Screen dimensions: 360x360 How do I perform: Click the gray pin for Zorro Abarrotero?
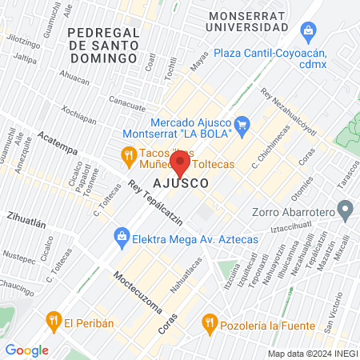(346, 212)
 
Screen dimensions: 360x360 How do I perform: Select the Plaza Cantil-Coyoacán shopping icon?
(308, 31)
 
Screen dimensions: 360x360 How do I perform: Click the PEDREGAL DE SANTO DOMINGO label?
(105, 45)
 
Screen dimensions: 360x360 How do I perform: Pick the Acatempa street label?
(58, 150)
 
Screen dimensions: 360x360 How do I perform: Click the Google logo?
(26, 350)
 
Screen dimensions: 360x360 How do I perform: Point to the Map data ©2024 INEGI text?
(311, 354)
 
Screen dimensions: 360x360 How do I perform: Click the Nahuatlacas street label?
(186, 275)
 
